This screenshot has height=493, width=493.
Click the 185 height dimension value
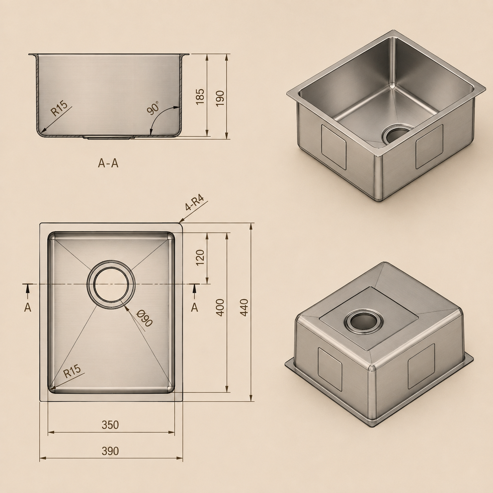(200, 96)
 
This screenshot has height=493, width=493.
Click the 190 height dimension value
(220, 99)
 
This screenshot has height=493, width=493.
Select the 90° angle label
(153, 108)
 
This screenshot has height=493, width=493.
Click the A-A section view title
(108, 163)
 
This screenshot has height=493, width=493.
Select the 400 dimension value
(220, 307)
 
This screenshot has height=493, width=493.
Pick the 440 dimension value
(244, 307)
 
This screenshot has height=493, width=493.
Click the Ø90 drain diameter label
(144, 318)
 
